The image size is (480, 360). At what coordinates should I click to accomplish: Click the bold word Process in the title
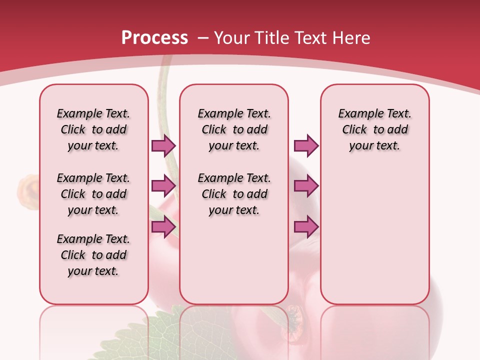(x=154, y=38)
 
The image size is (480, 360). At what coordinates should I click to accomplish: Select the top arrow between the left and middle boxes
(x=163, y=145)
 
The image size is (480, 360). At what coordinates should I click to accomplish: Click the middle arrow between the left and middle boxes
(x=163, y=186)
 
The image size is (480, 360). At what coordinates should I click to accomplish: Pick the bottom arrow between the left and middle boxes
(x=163, y=227)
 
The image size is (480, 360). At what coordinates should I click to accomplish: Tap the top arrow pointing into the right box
(x=306, y=145)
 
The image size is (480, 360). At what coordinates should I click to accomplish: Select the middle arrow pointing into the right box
(x=306, y=186)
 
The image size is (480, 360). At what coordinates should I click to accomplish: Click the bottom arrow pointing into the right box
(x=306, y=227)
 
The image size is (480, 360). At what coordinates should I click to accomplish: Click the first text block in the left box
(x=93, y=129)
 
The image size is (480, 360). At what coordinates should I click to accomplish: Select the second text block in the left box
(x=93, y=194)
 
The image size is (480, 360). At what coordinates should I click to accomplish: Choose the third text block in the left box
(x=93, y=255)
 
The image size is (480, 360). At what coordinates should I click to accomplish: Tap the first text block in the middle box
(x=234, y=129)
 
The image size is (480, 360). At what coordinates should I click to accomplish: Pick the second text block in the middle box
(x=234, y=194)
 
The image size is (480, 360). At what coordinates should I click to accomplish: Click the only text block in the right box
(x=374, y=129)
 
